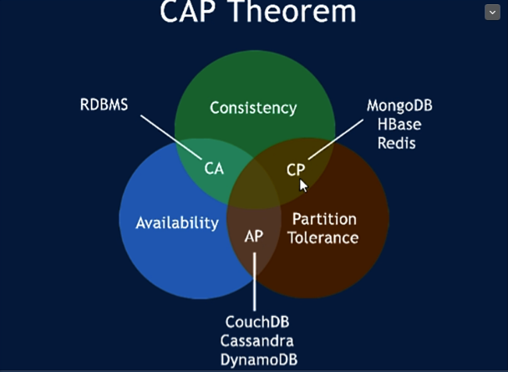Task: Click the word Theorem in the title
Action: [x=298, y=12]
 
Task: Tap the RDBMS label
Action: [x=104, y=105]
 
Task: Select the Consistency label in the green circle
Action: [x=253, y=108]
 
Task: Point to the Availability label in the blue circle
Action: [x=177, y=222]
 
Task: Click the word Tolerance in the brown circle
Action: [x=323, y=238]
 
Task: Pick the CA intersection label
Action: [x=215, y=168]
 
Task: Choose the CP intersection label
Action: [x=296, y=168]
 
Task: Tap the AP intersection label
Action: [x=254, y=236]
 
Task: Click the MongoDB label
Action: [x=399, y=106]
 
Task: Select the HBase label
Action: [x=399, y=125]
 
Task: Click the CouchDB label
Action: [x=257, y=322]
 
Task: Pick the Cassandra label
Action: [x=257, y=340]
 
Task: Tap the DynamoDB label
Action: [x=257, y=359]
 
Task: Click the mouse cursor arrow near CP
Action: [x=304, y=185]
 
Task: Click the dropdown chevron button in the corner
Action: [x=492, y=12]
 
